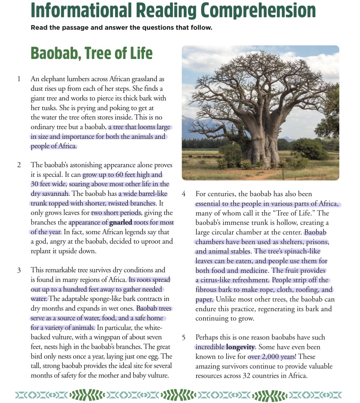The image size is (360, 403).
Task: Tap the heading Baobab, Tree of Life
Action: click(92, 53)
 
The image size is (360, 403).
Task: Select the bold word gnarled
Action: click(120, 223)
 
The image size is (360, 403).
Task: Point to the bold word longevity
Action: click(240, 347)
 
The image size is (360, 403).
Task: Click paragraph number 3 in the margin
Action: click(19, 270)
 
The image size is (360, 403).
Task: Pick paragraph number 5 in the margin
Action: click(184, 337)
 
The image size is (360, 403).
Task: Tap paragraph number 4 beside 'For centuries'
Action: click(184, 194)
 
